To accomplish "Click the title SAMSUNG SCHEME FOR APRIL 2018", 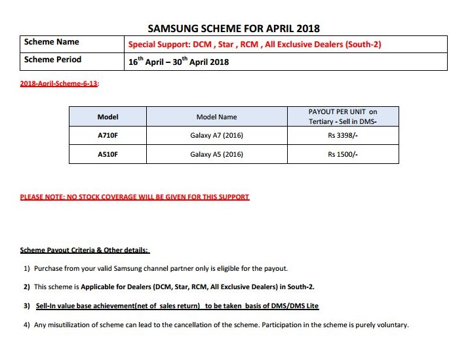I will [x=234, y=28].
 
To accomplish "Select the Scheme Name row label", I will [x=51, y=42].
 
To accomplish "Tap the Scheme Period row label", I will [x=52, y=60].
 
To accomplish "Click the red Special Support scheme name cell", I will [x=254, y=45].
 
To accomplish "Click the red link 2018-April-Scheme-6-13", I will [x=59, y=85].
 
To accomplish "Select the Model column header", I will [x=108, y=117].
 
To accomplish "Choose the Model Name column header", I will [x=216, y=117].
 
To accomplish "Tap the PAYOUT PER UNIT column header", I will [x=343, y=117].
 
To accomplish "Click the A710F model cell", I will [x=108, y=136].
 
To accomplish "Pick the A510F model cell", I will [x=108, y=154].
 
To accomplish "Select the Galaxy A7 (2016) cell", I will [x=216, y=136].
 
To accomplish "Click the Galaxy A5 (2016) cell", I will [x=216, y=154].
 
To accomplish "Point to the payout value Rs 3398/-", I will [x=343, y=136].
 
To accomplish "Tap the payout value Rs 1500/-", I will [x=343, y=154].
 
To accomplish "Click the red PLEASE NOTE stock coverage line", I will [x=134, y=197].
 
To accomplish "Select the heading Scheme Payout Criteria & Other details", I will [x=85, y=250].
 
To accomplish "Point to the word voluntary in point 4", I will [x=391, y=325].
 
